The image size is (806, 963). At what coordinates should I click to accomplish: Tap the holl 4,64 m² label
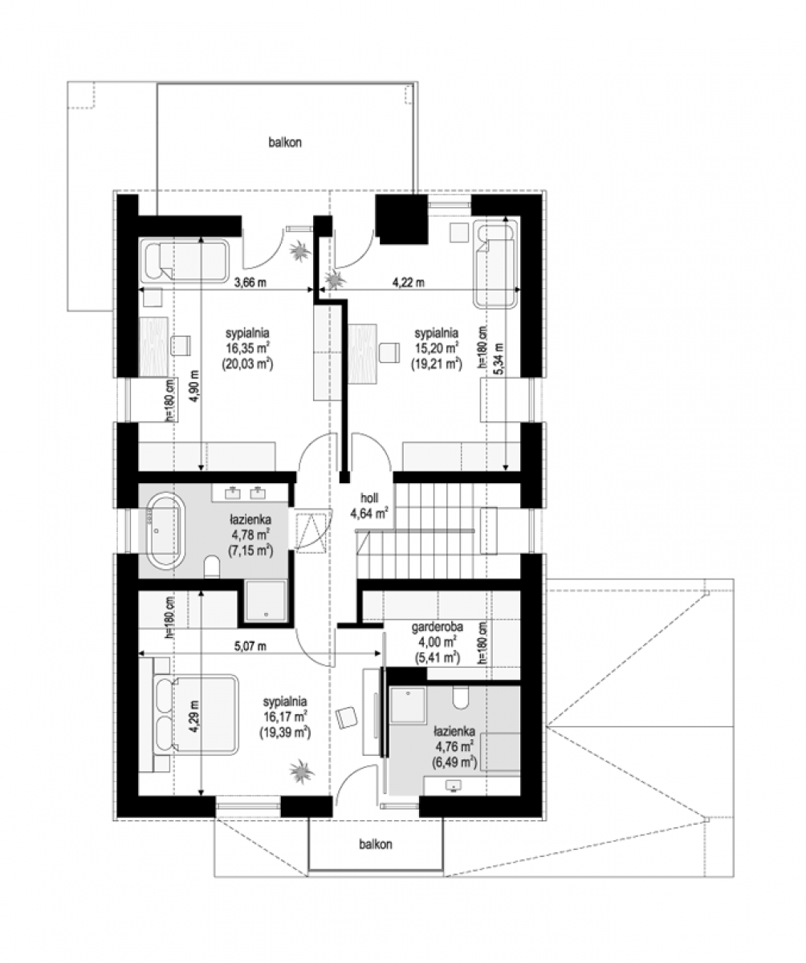pos(369,506)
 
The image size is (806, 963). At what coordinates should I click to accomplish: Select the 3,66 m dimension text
pos(250,282)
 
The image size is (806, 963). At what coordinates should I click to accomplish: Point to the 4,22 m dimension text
pos(409,282)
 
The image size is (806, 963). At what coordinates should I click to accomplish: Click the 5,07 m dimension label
pos(250,646)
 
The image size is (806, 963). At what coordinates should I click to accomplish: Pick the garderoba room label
pos(438,627)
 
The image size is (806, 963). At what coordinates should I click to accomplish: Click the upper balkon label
pos(285,142)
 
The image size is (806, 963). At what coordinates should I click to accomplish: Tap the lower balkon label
pos(376,844)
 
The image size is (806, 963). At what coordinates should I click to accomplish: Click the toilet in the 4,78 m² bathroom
pos(212,566)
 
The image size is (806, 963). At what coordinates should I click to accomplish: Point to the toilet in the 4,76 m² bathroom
pos(462,698)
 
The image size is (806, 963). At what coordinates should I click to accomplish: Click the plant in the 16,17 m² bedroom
pos(301,771)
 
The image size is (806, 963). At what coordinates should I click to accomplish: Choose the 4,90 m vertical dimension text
pos(195,386)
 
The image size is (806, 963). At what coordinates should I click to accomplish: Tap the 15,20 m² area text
pos(437,347)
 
